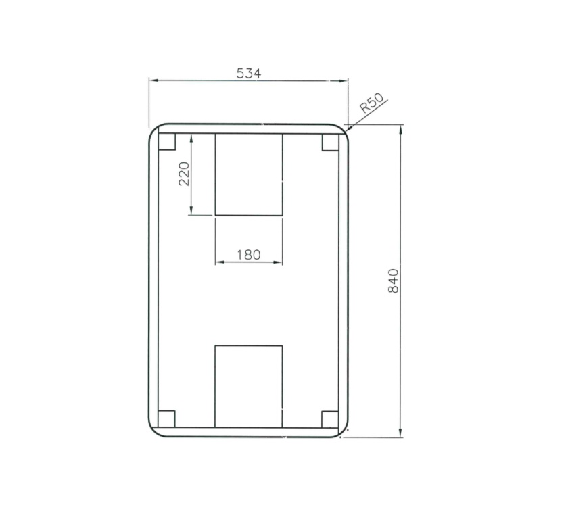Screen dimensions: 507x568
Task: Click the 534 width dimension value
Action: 248,73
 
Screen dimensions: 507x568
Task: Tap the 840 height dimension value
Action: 395,281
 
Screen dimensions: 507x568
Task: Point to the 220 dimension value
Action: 184,174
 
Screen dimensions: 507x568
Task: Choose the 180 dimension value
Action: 248,256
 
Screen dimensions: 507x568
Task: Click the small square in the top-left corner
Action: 166,141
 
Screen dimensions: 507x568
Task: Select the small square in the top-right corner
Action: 330,142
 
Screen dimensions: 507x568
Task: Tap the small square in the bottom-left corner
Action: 166,419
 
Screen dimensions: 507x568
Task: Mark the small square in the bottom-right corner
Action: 330,419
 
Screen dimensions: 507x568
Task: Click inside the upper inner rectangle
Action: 248,174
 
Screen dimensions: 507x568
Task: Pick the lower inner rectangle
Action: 248,386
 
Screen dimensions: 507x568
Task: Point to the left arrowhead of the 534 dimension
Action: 153,80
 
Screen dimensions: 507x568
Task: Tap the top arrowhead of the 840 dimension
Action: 401,129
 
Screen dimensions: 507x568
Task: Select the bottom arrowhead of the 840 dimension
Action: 401,433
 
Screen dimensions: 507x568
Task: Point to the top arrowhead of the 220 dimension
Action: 193,137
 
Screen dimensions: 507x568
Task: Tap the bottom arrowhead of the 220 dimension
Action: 193,211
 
